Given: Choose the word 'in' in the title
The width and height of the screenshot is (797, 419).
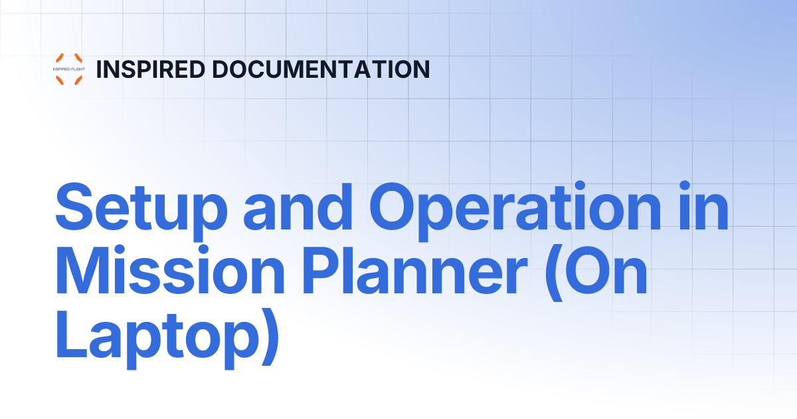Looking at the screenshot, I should pyautogui.click(x=705, y=208).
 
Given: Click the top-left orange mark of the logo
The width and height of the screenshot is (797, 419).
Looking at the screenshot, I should pyautogui.click(x=59, y=58).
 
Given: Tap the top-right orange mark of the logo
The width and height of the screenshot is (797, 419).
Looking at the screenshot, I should pyautogui.click(x=78, y=58).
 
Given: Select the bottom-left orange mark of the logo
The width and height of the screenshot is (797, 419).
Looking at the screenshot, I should pyautogui.click(x=59, y=80).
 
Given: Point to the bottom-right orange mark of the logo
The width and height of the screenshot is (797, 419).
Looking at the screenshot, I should pyautogui.click(x=78, y=80).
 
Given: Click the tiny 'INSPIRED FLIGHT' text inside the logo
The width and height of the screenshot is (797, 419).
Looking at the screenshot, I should pyautogui.click(x=69, y=69).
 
